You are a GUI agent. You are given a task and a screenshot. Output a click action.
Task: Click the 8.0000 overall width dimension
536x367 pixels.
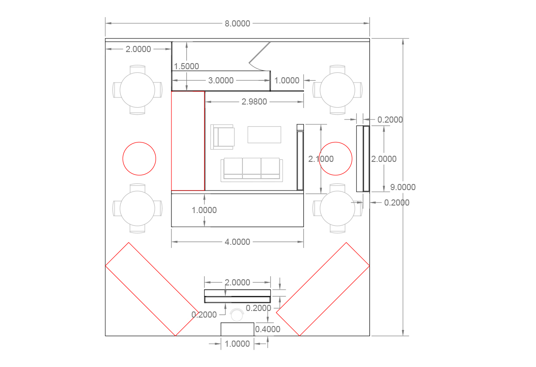[x=238, y=23]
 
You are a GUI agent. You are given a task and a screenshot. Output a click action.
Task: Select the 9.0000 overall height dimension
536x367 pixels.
[x=403, y=187]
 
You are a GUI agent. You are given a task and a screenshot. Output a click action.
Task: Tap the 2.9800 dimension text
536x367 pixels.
[x=254, y=102]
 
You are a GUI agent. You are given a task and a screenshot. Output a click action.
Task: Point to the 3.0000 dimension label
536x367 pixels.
[x=221, y=80]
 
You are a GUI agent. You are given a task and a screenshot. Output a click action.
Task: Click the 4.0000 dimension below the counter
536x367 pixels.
[x=238, y=242]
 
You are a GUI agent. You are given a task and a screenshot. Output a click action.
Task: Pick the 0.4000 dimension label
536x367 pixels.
[x=268, y=329]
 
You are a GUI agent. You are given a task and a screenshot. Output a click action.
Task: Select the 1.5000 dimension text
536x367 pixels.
[x=186, y=66]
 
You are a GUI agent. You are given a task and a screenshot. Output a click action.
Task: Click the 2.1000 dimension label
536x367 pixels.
[x=321, y=159]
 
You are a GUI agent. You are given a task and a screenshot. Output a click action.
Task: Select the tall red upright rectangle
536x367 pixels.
[x=171, y=141]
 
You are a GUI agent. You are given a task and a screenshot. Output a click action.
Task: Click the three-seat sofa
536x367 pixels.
[x=252, y=170]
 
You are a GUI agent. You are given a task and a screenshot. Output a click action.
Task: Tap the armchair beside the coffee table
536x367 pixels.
[x=222, y=137]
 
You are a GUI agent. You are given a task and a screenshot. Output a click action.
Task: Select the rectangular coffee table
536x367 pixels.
[x=264, y=135]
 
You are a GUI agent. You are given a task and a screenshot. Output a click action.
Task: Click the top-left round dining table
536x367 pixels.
[x=138, y=90]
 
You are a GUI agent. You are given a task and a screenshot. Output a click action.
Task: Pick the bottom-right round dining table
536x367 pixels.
[x=337, y=208]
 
